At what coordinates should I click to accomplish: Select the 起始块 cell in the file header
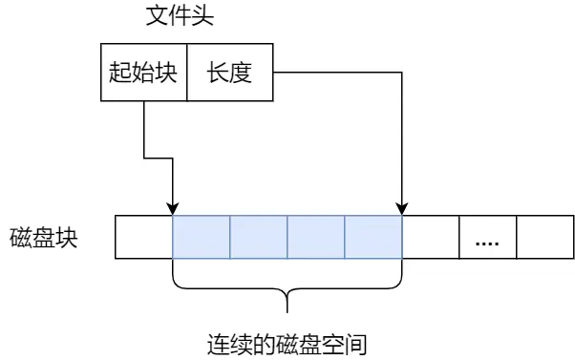point(143,73)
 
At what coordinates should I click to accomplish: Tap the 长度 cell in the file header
point(229,73)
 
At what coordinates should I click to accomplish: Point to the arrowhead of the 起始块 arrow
point(172,208)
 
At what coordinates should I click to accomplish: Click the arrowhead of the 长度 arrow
point(402,208)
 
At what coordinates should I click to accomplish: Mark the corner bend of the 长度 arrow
point(402,72)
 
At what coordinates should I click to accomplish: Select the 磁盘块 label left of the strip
point(45,237)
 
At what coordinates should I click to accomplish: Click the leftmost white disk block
point(143,237)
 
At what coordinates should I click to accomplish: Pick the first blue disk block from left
point(201,237)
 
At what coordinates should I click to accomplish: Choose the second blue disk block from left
point(258,237)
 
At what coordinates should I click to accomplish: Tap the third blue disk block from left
point(315,237)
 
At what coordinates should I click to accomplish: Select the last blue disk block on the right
point(373,237)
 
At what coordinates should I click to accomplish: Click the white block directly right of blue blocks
point(431,237)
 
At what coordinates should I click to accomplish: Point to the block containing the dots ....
point(488,237)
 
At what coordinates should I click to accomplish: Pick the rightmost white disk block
point(545,237)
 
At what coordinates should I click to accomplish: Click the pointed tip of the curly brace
point(287,311)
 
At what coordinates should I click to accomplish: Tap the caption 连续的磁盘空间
point(287,343)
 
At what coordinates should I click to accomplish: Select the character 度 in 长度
point(241,73)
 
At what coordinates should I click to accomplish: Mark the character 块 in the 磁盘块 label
point(68,237)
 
